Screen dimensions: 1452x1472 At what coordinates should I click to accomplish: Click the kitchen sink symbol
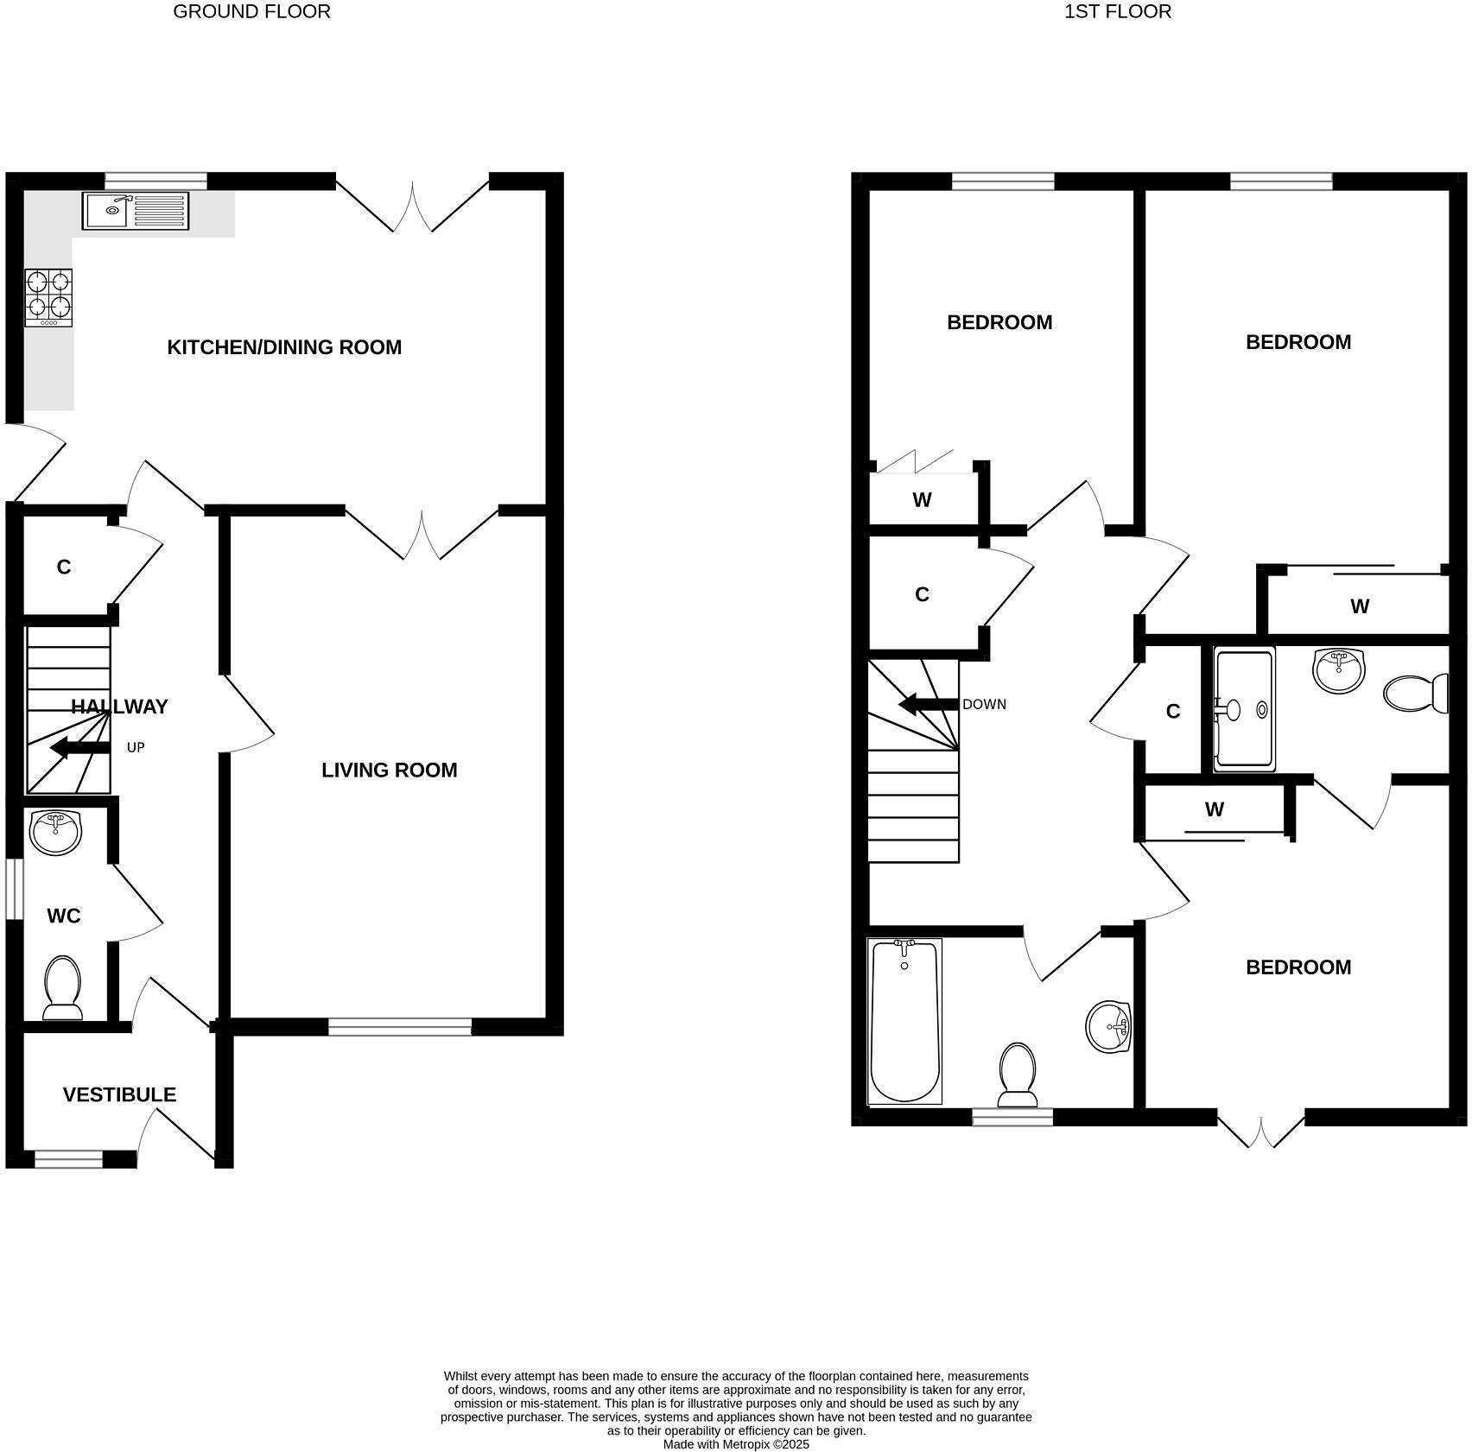[135, 211]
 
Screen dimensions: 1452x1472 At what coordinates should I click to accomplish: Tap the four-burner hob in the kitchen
[48, 297]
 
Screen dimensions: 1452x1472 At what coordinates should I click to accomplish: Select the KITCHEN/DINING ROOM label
[284, 347]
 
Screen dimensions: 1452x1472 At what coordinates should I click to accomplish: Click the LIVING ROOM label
[389, 770]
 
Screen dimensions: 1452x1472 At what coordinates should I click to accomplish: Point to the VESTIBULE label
[119, 1094]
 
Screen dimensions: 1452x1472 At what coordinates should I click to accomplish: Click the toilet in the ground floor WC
[62, 986]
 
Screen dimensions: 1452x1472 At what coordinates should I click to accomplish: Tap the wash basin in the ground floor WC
[55, 833]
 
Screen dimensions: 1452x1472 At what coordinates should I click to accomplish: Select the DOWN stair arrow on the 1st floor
[929, 705]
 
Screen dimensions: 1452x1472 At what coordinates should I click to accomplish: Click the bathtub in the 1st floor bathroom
[904, 1021]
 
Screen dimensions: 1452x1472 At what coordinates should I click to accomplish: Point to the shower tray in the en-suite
[1244, 709]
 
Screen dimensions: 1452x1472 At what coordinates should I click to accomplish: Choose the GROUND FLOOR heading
[251, 11]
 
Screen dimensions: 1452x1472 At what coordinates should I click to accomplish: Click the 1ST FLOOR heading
[1118, 11]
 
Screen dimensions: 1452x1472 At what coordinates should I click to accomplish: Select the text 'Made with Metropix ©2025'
[736, 1443]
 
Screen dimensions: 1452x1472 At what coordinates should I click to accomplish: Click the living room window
[400, 1027]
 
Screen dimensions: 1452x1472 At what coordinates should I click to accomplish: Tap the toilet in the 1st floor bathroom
[1018, 1075]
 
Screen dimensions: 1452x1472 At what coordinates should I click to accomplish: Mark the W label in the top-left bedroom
[922, 500]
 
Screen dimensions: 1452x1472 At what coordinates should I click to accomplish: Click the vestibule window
[68, 1160]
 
